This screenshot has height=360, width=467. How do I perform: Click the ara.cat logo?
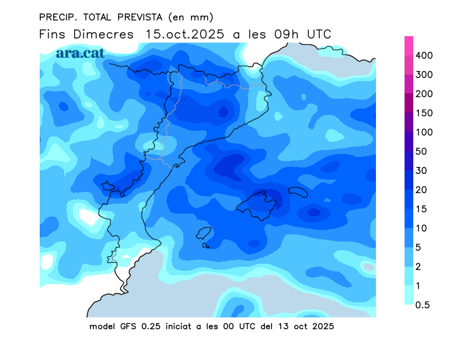pyautogui.click(x=81, y=53)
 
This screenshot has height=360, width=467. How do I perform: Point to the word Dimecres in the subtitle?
pyautogui.click(x=103, y=34)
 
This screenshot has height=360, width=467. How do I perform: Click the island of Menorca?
pyautogui.click(x=298, y=192)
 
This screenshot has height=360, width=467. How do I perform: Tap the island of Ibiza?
pyautogui.click(x=204, y=233)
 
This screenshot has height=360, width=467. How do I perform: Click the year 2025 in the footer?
pyautogui.click(x=323, y=326)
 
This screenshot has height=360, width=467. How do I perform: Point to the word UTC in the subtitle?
pyautogui.click(x=319, y=34)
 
